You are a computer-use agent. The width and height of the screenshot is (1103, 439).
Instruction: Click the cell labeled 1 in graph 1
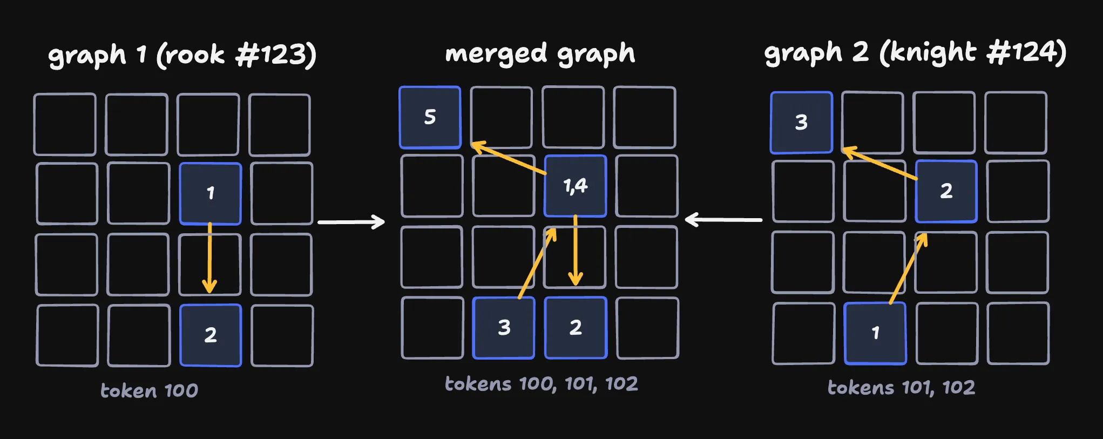pyautogui.click(x=211, y=193)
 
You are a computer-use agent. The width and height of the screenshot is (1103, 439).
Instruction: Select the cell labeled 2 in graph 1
pyautogui.click(x=211, y=335)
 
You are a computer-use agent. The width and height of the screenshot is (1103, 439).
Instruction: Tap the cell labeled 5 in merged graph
pyautogui.click(x=430, y=117)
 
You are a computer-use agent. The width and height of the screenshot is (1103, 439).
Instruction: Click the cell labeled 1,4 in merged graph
pyautogui.click(x=576, y=186)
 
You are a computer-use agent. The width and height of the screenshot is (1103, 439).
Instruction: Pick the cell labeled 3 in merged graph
pyautogui.click(x=504, y=327)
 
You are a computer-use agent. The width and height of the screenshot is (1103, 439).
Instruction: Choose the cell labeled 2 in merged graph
pyautogui.click(x=576, y=327)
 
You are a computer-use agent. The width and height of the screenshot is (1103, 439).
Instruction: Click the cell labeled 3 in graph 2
pyautogui.click(x=801, y=123)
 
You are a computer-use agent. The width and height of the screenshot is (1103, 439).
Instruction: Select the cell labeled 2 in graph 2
pyautogui.click(x=946, y=191)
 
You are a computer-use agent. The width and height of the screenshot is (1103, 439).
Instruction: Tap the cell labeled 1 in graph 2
pyautogui.click(x=875, y=333)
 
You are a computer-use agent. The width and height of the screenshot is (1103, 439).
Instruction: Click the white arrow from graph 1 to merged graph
pyautogui.click(x=351, y=222)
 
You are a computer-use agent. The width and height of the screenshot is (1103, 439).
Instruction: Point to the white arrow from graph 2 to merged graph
pyautogui.click(x=723, y=220)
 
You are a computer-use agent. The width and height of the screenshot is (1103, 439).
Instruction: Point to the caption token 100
pyautogui.click(x=149, y=390)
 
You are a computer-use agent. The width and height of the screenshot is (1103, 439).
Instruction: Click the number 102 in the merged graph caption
pyautogui.click(x=621, y=383)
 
